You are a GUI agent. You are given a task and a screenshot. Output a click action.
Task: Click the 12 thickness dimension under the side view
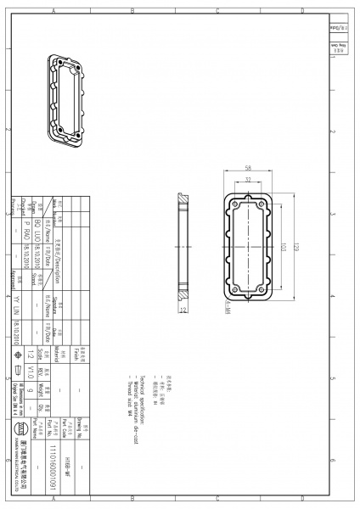[x=183, y=310]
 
